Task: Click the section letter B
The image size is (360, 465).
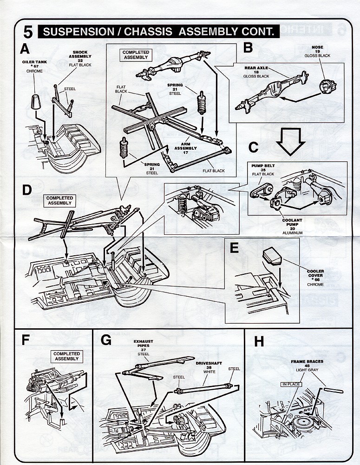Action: [248, 47]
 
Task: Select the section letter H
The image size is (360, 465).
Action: [259, 342]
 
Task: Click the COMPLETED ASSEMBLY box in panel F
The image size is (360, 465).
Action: [66, 356]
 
